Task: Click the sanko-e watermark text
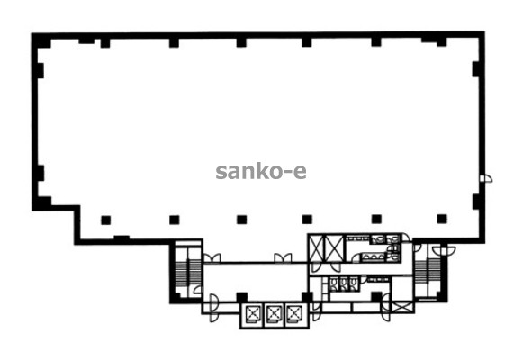click(261, 172)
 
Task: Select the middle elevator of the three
click(274, 313)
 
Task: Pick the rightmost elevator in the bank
click(293, 313)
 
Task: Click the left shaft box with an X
click(316, 248)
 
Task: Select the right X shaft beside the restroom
click(334, 248)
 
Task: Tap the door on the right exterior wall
click(486, 179)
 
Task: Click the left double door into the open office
click(212, 258)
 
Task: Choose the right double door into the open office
click(283, 258)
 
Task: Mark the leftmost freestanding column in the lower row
click(105, 220)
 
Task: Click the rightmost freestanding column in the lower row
click(442, 219)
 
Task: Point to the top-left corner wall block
click(41, 40)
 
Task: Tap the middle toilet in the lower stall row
click(344, 283)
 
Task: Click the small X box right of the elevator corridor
click(402, 307)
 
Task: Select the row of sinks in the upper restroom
click(373, 256)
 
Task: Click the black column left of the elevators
click(242, 297)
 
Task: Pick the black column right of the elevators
click(307, 297)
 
